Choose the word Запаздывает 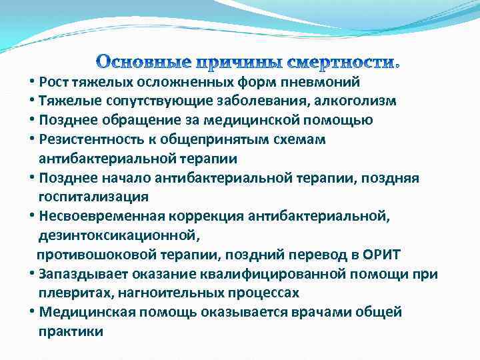point(79,274)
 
